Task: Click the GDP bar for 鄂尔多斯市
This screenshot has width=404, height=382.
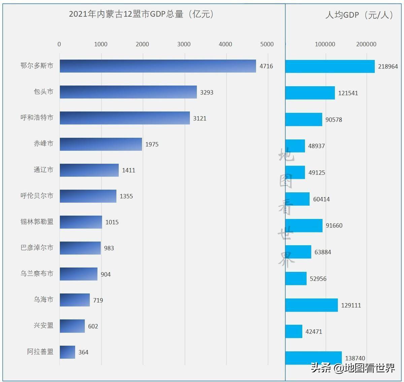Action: click(158, 66)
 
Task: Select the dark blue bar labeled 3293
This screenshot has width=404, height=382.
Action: click(128, 92)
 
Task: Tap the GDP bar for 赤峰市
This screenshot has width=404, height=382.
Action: click(101, 144)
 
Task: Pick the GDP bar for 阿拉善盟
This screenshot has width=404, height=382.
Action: click(67, 352)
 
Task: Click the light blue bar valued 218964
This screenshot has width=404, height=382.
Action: click(330, 66)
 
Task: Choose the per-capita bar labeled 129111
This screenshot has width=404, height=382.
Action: click(311, 305)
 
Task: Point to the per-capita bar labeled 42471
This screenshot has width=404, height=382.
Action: click(294, 331)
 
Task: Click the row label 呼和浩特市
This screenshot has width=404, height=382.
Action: click(37, 118)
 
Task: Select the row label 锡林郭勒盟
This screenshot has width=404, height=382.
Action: click(37, 222)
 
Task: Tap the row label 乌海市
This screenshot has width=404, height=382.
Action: click(43, 299)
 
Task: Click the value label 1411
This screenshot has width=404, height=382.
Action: click(129, 170)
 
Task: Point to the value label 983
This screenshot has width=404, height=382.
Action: click(109, 248)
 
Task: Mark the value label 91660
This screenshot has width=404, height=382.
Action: click(334, 226)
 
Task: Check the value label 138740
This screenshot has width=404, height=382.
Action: click(355, 358)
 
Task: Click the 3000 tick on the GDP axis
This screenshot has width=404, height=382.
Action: click(184, 44)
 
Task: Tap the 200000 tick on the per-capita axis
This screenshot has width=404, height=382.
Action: click(366, 44)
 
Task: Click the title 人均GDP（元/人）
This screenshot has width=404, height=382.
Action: click(360, 15)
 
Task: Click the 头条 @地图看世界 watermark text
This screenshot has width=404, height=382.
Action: click(352, 368)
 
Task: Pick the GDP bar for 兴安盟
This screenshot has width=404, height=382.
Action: click(72, 326)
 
